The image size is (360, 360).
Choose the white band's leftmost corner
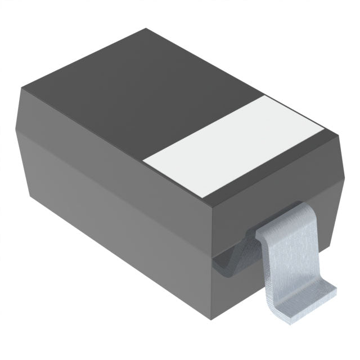click(143, 161)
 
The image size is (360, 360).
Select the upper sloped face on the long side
click(112, 152)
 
